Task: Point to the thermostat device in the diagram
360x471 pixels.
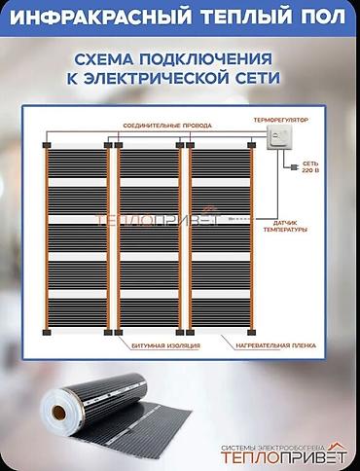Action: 274,144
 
